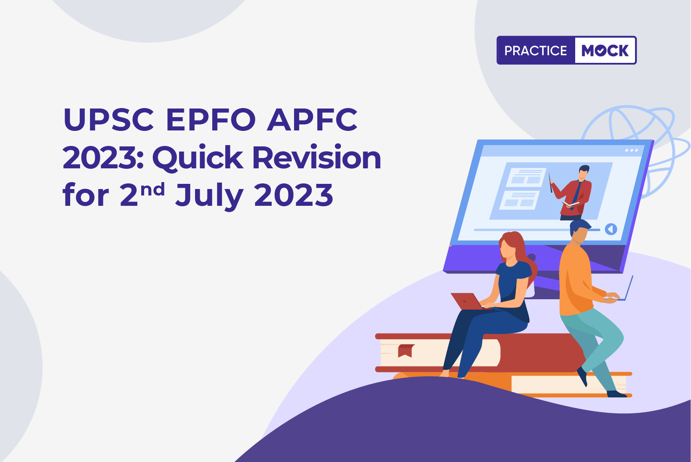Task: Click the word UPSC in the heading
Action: click(108, 119)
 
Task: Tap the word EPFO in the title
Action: click(211, 119)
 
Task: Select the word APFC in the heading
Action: click(312, 119)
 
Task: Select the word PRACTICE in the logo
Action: click(536, 50)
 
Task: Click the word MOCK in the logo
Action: click(605, 50)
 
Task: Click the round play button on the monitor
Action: click(611, 229)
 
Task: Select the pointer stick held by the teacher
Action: click(550, 183)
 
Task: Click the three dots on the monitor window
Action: click(632, 151)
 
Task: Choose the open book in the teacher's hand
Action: click(571, 204)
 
